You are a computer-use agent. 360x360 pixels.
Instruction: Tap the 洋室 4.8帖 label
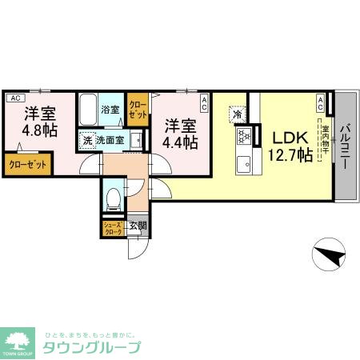[38, 121]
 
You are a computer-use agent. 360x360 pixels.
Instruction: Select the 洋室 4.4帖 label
[181, 134]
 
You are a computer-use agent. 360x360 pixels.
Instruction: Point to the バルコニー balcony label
[346, 146]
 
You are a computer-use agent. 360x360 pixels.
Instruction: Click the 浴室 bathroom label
[110, 109]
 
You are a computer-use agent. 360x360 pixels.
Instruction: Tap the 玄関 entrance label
[138, 226]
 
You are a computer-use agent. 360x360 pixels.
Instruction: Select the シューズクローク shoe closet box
[112, 227]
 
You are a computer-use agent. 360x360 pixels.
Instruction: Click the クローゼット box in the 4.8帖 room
[28, 164]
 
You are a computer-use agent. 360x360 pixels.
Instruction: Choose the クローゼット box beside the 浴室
[138, 109]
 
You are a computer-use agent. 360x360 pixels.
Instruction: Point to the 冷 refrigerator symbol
[238, 114]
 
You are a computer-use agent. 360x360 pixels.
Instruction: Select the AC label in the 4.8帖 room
[14, 98]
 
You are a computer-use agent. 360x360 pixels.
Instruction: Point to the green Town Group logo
[18, 342]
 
